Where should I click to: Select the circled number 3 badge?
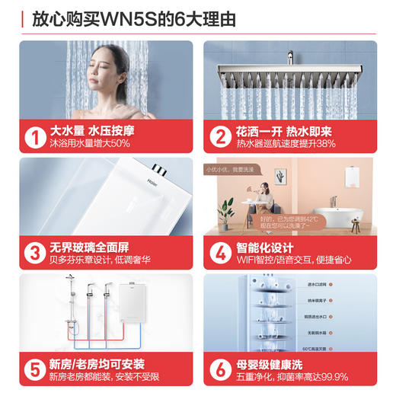click(x=34, y=253)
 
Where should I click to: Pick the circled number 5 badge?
click(x=34, y=369)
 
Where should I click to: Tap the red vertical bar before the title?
click(x=21, y=18)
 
